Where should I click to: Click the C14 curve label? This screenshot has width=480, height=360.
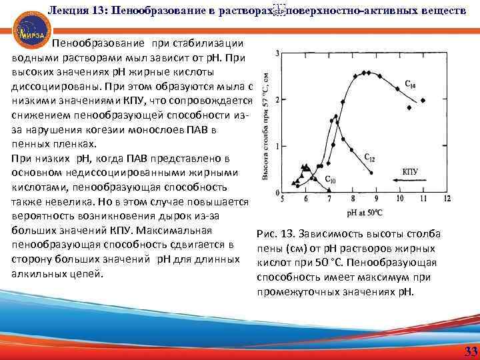coord(410,84)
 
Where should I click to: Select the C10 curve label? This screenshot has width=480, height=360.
coord(330,179)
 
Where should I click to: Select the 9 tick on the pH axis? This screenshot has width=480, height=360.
coord(377,199)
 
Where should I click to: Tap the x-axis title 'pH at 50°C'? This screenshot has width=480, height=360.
coord(363,212)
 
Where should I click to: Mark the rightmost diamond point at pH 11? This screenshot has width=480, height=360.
coord(423,100)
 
